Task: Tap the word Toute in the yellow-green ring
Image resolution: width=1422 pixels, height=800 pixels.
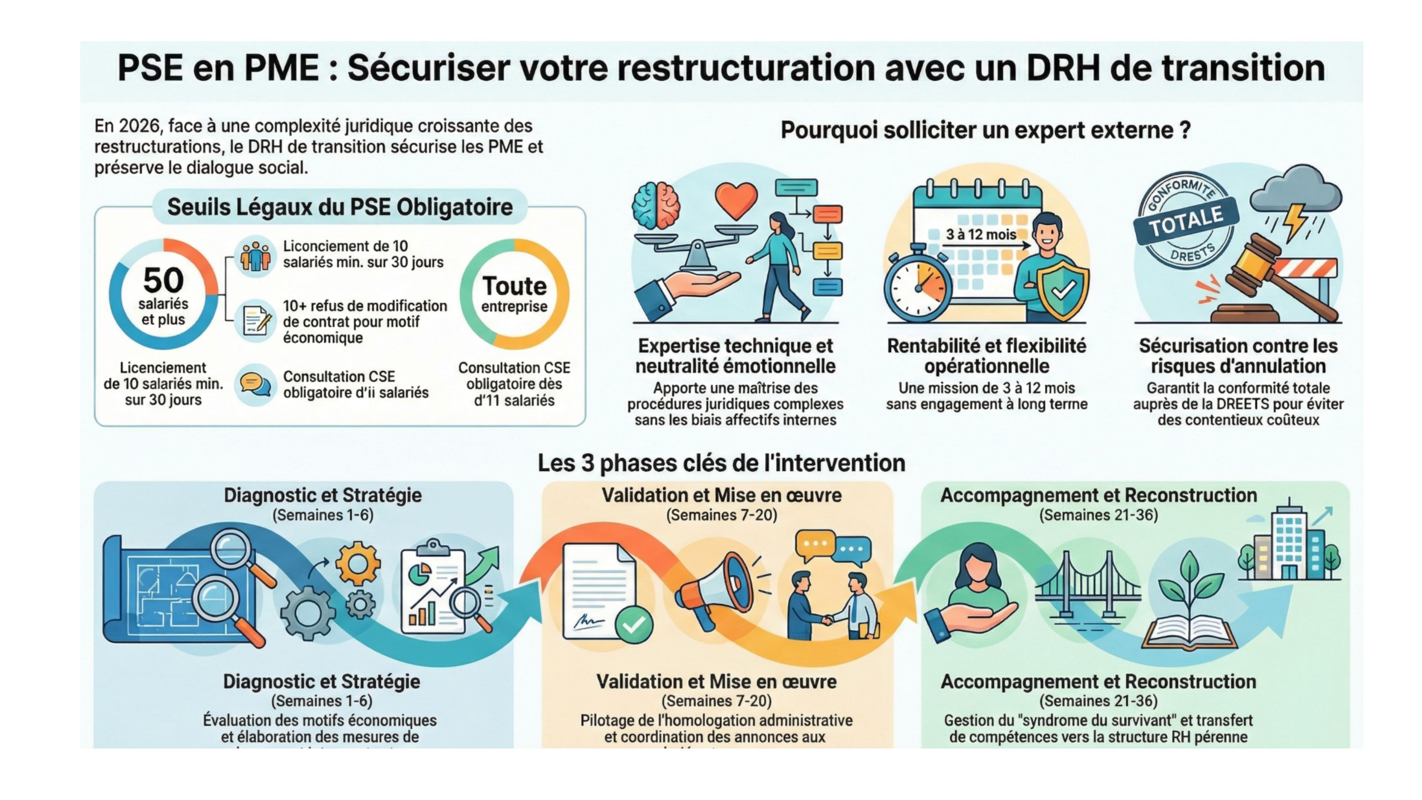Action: coord(515,286)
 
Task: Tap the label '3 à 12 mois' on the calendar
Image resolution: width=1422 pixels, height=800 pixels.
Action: coord(981,235)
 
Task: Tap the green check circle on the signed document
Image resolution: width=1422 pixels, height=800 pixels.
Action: coord(634,624)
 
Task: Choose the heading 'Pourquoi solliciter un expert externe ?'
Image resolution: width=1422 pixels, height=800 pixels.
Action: coord(985,130)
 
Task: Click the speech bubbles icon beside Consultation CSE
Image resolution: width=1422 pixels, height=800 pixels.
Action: coord(255,384)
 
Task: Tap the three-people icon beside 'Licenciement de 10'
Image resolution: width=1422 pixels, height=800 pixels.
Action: coord(255,256)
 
